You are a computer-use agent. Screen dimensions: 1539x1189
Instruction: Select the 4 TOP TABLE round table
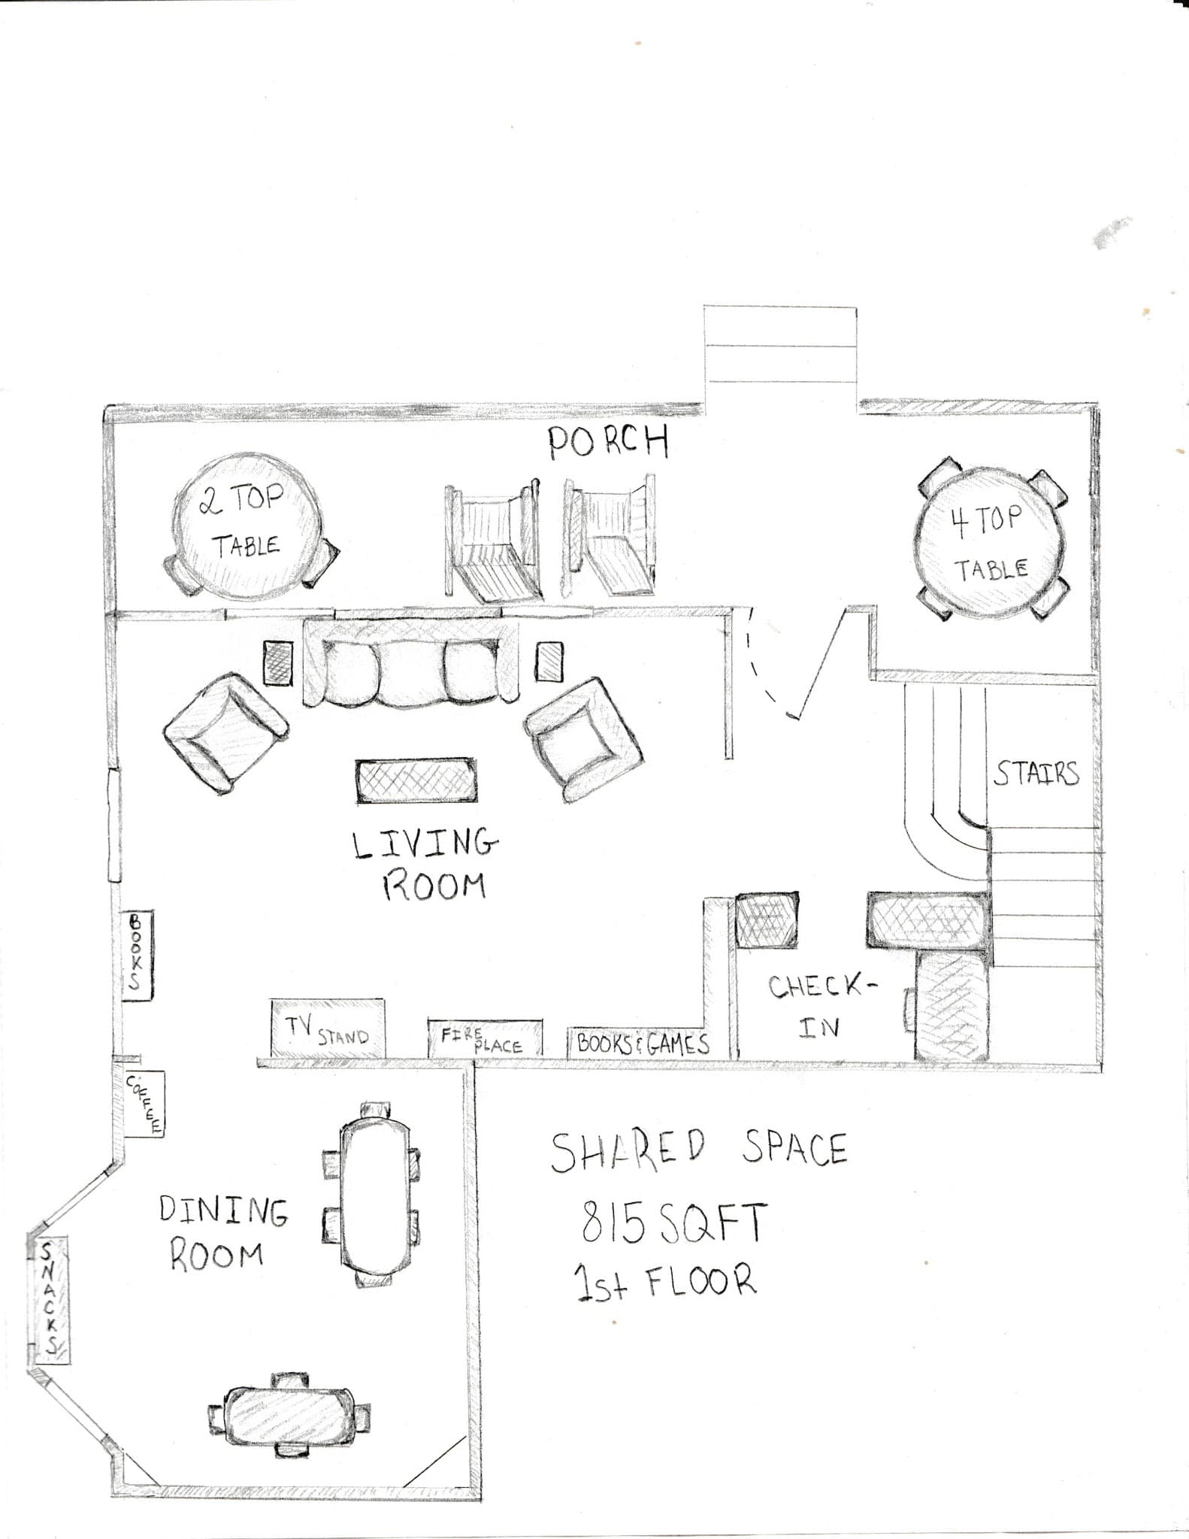990,542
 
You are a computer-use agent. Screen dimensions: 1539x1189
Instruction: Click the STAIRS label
1036,773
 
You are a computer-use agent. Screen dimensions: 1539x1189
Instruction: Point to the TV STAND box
328,1028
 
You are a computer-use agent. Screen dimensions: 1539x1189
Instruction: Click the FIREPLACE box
485,1039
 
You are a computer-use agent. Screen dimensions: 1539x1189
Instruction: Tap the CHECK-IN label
821,1006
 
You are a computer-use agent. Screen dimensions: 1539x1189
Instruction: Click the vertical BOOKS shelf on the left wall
137,955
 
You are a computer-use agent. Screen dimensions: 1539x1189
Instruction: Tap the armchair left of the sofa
225,732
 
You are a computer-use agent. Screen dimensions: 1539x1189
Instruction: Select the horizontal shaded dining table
290,1416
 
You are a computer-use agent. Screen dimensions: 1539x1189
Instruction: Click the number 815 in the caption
613,1222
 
